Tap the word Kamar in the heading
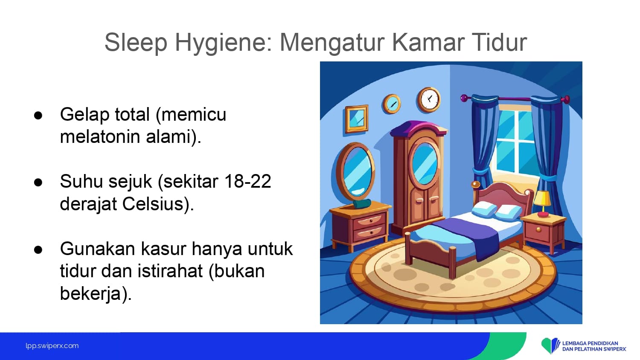[x=428, y=42]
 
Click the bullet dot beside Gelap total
[x=38, y=116]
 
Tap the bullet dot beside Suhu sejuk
[x=38, y=183]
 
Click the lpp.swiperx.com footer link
[x=52, y=346]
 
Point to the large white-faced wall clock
[x=428, y=100]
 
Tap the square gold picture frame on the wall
[x=356, y=119]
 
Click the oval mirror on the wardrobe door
[x=425, y=164]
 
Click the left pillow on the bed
[x=484, y=209]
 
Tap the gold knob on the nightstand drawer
[x=538, y=229]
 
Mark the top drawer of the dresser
[x=369, y=221]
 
